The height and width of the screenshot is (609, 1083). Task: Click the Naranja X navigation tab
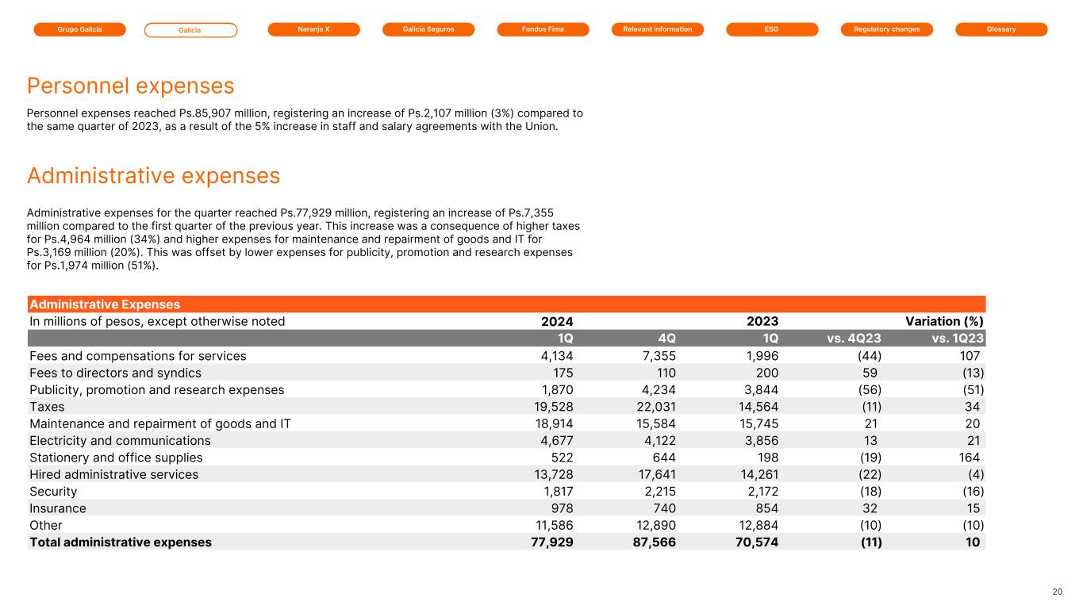313,29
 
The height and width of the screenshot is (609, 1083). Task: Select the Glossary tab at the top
1001,29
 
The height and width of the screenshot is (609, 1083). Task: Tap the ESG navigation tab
771,29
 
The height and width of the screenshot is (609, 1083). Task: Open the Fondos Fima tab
543,29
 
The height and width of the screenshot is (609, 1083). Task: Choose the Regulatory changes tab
886,29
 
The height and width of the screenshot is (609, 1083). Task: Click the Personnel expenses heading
131,86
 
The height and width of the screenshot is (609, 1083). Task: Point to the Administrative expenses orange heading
153,175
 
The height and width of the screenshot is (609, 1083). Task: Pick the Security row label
53,492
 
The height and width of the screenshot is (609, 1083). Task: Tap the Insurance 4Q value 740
661,508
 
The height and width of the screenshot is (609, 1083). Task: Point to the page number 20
1057,592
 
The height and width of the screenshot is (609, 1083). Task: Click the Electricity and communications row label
120,441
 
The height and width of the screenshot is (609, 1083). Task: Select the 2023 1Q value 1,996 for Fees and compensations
759,356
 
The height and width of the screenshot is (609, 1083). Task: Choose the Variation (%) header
944,321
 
